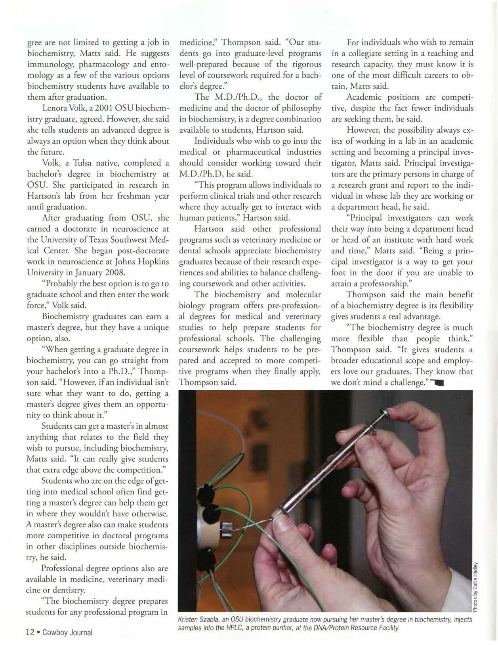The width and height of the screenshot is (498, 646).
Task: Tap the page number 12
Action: click(30, 632)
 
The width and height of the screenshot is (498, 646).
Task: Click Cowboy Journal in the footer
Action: click(67, 632)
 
